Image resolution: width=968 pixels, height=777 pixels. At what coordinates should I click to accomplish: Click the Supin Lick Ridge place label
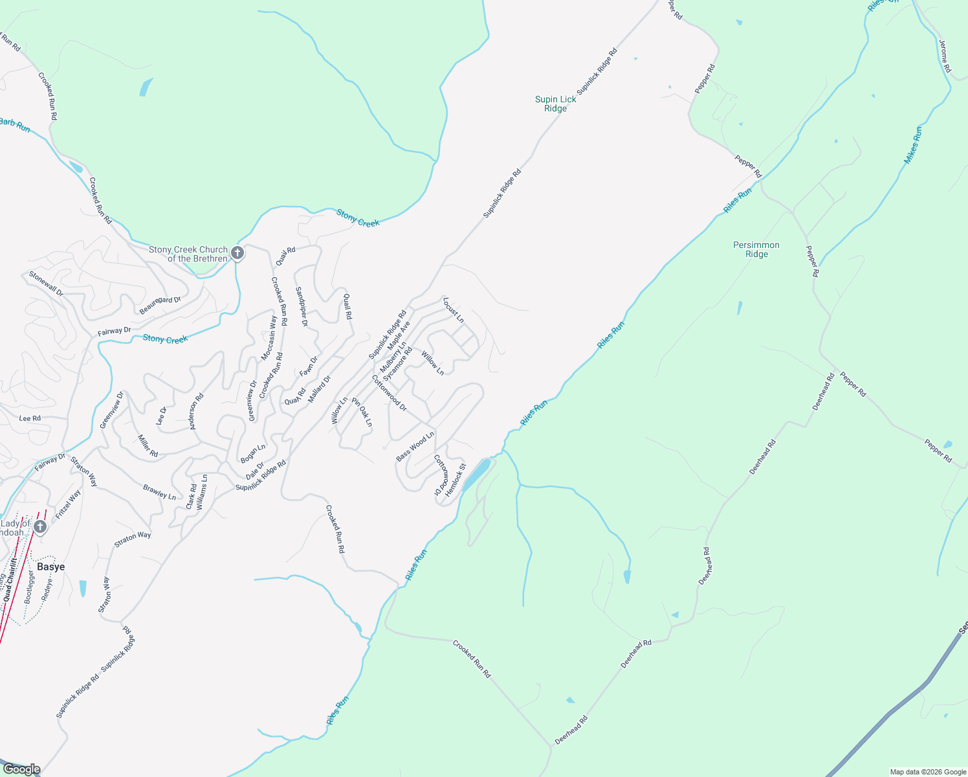555,104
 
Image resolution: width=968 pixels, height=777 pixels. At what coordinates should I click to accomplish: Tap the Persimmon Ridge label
756,249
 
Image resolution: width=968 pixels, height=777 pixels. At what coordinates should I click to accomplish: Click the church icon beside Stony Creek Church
237,253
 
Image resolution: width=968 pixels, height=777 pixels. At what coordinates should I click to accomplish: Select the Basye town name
50,567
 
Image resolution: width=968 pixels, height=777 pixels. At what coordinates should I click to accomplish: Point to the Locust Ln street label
454,310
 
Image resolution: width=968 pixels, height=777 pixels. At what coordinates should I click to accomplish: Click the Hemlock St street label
456,480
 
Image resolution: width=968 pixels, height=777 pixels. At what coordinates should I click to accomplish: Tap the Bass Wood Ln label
415,447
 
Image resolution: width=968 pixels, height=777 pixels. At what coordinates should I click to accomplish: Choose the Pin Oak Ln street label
362,412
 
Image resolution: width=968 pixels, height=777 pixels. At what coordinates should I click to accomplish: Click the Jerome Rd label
945,56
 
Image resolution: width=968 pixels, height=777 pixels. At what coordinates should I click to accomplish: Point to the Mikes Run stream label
912,145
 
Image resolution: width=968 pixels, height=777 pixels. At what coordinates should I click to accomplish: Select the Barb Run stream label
14,124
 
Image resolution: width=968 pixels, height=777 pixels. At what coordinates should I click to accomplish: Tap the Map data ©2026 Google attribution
927,772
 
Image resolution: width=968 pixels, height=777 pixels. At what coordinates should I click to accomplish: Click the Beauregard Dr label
160,305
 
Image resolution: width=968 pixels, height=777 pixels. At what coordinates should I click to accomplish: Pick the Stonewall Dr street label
46,284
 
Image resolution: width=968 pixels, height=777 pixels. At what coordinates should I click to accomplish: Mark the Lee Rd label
30,418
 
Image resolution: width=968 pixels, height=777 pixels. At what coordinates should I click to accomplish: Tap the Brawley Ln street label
159,492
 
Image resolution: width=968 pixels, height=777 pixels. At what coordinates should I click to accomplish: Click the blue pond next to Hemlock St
476,473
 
